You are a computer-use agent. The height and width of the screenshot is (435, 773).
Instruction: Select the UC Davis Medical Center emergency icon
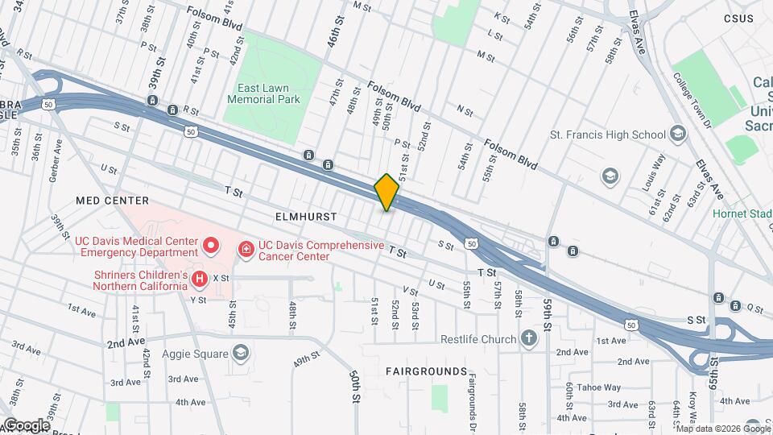211,243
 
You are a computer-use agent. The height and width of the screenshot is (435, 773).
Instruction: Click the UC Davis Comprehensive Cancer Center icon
245,251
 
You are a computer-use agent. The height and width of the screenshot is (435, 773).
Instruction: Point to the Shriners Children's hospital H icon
198,279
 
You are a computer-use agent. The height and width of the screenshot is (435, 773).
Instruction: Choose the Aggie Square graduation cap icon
240,352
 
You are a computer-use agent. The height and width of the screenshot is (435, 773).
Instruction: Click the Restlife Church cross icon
528,338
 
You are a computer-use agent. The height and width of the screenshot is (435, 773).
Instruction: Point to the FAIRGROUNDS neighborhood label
426,371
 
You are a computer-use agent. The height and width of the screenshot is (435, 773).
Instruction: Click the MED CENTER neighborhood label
113,200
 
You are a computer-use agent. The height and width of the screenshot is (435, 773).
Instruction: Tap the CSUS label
738,19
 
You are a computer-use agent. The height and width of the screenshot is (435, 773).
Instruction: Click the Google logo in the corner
26,425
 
